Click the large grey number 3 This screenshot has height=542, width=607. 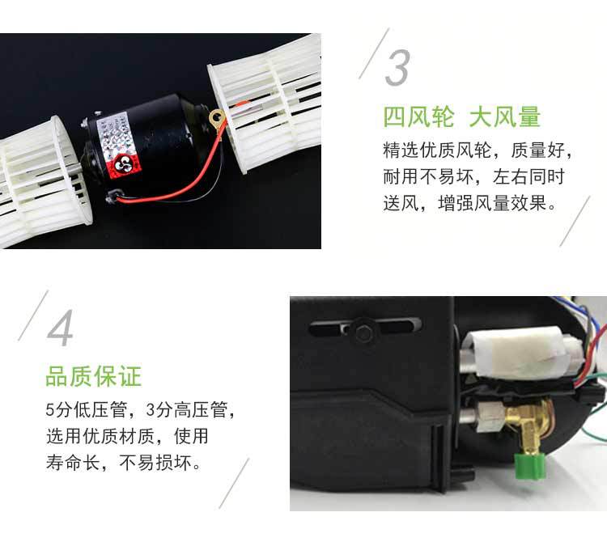[397, 68]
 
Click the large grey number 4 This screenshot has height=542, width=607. [61, 327]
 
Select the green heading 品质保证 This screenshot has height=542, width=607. [93, 376]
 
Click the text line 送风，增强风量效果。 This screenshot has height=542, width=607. [470, 202]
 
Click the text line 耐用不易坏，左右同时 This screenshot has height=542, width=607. [473, 176]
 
